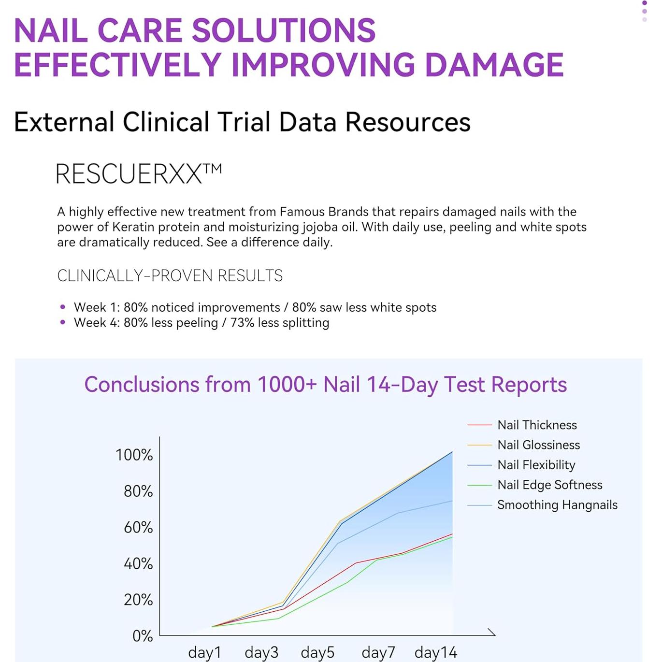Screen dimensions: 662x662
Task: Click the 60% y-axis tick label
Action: [138, 527]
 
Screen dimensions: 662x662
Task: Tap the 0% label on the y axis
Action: [143, 636]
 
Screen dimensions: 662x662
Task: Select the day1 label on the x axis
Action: [204, 652]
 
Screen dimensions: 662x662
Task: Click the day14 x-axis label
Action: [435, 652]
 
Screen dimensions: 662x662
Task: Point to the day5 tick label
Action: [317, 652]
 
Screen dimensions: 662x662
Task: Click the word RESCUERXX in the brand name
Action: [129, 174]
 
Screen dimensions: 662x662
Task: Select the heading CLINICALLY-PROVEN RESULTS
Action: [170, 275]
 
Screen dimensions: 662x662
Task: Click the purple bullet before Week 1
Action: [62, 307]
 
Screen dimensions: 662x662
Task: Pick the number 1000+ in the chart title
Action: [287, 384]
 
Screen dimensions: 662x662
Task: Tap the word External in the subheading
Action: [64, 122]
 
